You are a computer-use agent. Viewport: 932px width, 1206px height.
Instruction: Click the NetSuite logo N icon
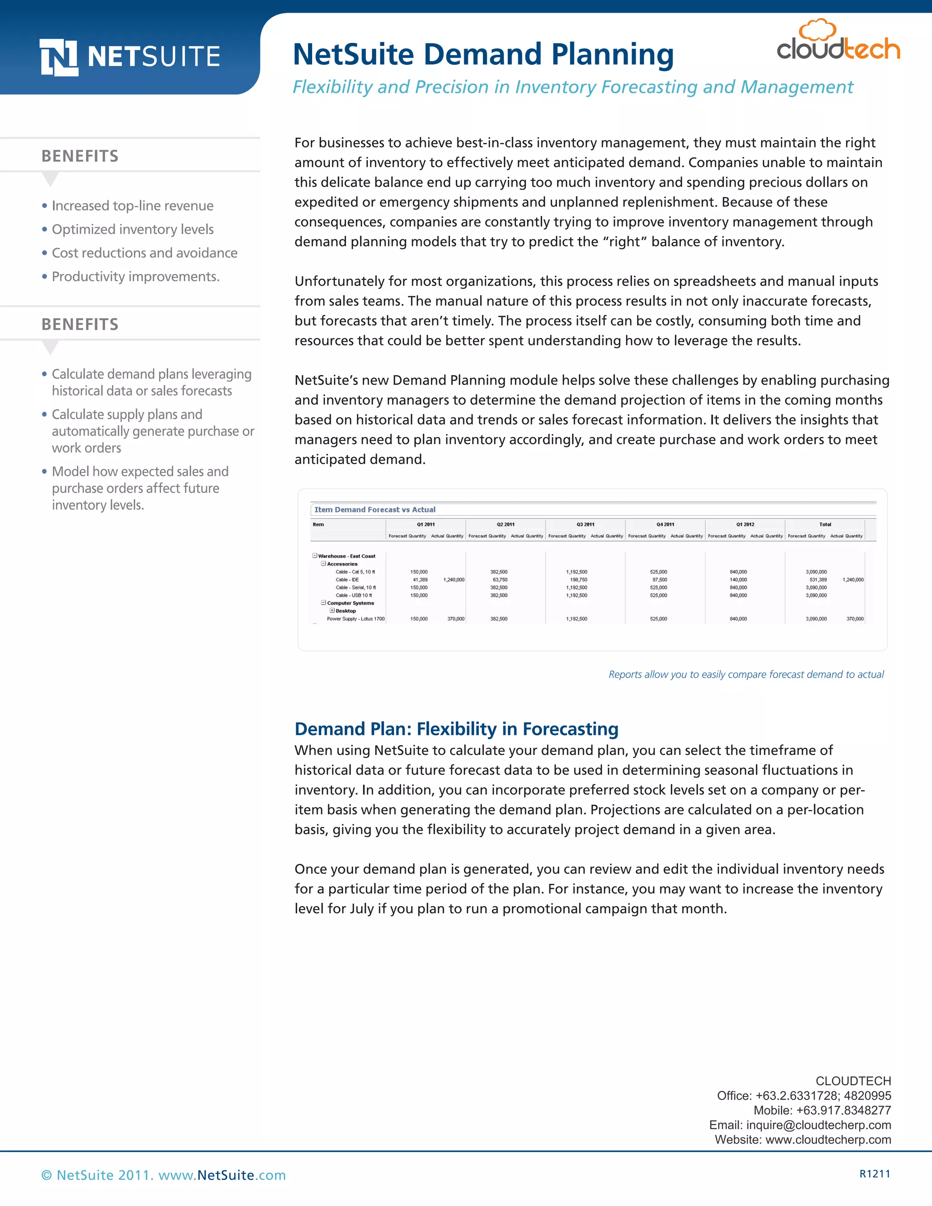coord(59,57)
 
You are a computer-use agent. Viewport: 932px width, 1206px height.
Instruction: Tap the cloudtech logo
coord(838,42)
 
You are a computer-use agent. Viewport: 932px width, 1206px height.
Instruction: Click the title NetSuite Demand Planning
coord(482,55)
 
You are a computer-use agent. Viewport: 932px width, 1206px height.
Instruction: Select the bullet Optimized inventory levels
coord(132,229)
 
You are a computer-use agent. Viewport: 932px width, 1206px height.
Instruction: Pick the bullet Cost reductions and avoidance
coord(144,253)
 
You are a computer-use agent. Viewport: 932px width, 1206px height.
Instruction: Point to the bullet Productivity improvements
coord(135,277)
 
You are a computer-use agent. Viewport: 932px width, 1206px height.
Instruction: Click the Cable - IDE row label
coord(347,580)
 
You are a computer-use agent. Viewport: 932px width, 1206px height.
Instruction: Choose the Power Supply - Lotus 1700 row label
coord(355,619)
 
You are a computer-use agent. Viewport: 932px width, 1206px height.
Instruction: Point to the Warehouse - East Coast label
coord(346,556)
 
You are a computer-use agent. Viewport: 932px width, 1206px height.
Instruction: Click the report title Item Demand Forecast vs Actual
coord(375,510)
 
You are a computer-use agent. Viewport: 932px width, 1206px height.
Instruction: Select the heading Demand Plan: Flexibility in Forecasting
coord(456,729)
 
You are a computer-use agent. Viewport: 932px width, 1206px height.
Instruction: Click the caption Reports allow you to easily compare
coord(746,674)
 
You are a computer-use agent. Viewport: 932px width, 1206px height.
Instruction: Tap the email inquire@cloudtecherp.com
coord(818,1125)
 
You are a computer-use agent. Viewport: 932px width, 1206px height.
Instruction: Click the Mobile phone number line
coord(822,1110)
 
